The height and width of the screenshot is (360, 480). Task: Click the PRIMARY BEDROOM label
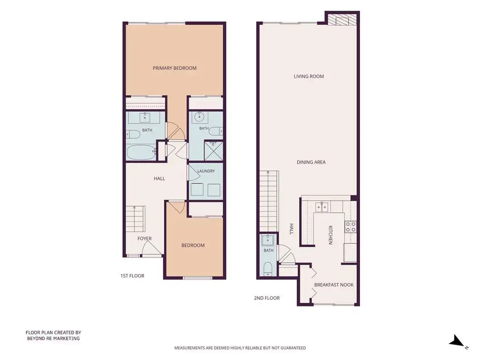click(x=174, y=68)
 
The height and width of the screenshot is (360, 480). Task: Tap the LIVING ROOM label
click(x=309, y=76)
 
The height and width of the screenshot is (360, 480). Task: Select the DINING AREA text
click(x=311, y=162)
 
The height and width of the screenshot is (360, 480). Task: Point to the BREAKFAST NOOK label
click(x=334, y=285)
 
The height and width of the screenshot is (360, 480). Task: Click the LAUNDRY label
click(x=206, y=171)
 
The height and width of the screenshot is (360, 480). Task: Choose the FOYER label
click(x=144, y=239)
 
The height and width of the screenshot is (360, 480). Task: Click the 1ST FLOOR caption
click(x=132, y=276)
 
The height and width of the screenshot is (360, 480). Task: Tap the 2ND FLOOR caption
click(x=267, y=298)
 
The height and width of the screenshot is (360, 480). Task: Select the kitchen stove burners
click(x=351, y=227)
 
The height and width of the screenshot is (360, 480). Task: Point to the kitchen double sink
click(x=322, y=207)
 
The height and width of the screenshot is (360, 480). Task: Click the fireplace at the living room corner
click(x=342, y=19)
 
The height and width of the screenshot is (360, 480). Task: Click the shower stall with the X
click(x=213, y=151)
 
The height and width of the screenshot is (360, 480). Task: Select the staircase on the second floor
click(x=269, y=201)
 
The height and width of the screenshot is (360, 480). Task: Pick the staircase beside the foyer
click(x=135, y=218)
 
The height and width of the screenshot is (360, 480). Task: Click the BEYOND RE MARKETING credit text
click(x=53, y=338)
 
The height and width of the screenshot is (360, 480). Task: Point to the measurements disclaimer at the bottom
click(x=240, y=348)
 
